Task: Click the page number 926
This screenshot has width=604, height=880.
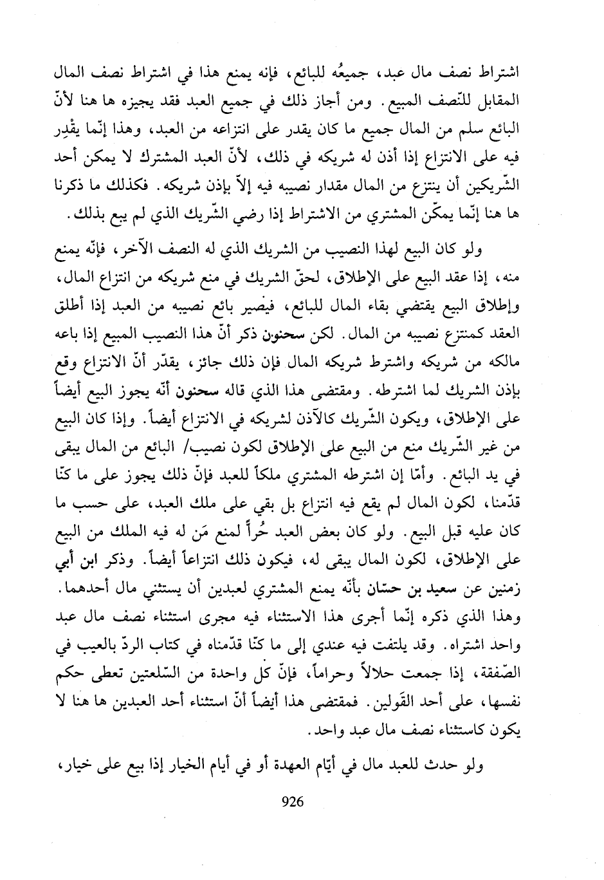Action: point(293,802)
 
